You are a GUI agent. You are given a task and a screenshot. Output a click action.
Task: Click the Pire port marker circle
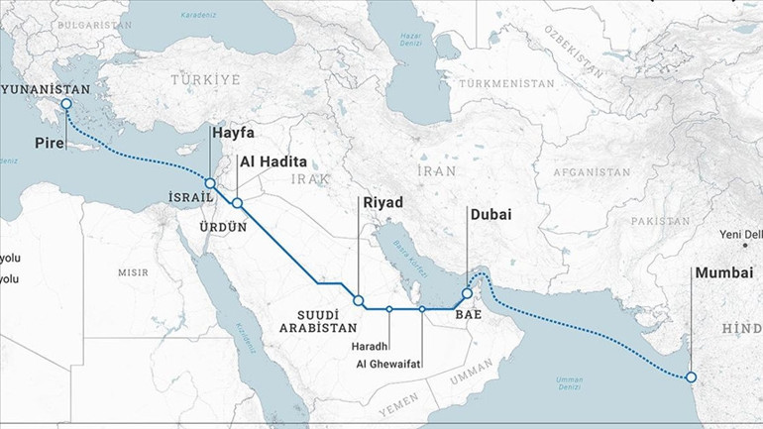point(66,104)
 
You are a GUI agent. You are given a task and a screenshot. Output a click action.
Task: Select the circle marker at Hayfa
point(210,183)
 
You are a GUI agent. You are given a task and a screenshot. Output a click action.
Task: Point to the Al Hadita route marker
point(237,203)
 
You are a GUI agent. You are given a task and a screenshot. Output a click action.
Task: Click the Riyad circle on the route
point(359,299)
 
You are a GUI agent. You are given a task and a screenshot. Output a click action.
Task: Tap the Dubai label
point(491,214)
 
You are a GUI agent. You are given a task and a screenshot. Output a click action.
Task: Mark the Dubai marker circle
point(467,294)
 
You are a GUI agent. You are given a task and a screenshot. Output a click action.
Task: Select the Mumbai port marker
point(691,376)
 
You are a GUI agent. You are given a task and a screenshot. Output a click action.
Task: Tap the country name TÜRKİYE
point(205,78)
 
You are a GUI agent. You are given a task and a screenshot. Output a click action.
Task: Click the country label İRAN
point(435,170)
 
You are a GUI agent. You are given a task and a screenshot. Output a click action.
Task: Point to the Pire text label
point(50,145)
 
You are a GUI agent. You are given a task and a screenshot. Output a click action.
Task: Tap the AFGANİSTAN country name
point(593,171)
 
